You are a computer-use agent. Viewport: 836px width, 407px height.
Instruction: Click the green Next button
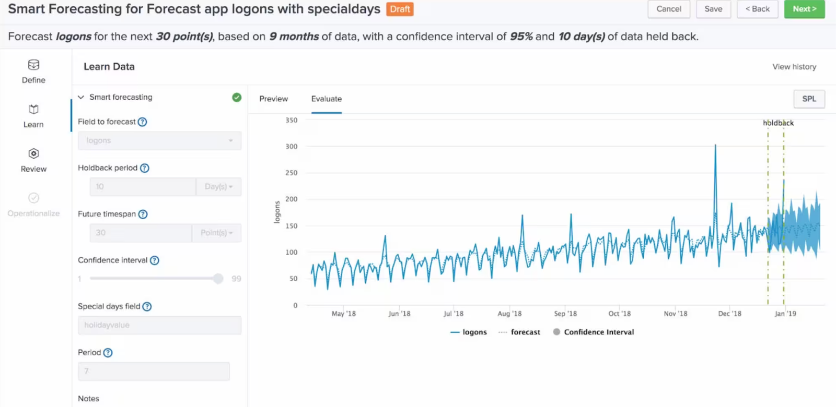pyautogui.click(x=804, y=9)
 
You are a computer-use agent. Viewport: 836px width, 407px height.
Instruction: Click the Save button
pyautogui.click(x=713, y=9)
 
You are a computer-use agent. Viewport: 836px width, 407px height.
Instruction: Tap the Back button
pyautogui.click(x=757, y=9)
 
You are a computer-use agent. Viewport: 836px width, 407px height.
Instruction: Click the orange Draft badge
pyautogui.click(x=400, y=9)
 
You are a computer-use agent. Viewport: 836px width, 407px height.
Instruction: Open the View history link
pyautogui.click(x=794, y=67)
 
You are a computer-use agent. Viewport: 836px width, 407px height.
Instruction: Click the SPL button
pyautogui.click(x=809, y=99)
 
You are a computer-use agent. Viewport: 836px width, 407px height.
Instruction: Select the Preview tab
pyautogui.click(x=273, y=99)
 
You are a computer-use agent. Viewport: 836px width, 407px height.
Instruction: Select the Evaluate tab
pyautogui.click(x=326, y=99)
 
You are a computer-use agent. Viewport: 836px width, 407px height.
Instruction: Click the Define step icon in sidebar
pyautogui.click(x=33, y=65)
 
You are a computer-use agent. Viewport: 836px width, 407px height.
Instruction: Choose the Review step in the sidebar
pyautogui.click(x=33, y=160)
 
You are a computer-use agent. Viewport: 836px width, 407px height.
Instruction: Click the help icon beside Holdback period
pyautogui.click(x=145, y=168)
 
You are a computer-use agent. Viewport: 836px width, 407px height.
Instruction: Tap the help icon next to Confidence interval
pyautogui.click(x=155, y=260)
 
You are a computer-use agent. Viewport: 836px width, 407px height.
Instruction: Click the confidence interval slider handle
pyautogui.click(x=218, y=279)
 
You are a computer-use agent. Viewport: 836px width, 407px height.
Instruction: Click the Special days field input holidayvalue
pyautogui.click(x=159, y=325)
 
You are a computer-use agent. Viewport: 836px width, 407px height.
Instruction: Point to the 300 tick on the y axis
pyautogui.click(x=291, y=147)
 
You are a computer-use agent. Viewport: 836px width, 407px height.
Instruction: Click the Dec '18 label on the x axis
pyautogui.click(x=729, y=314)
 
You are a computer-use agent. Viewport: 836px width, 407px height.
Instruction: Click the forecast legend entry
pyautogui.click(x=519, y=332)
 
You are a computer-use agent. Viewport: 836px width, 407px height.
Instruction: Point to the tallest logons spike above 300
pyautogui.click(x=715, y=146)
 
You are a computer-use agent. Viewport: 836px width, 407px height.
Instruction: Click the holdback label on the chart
pyautogui.click(x=778, y=123)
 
